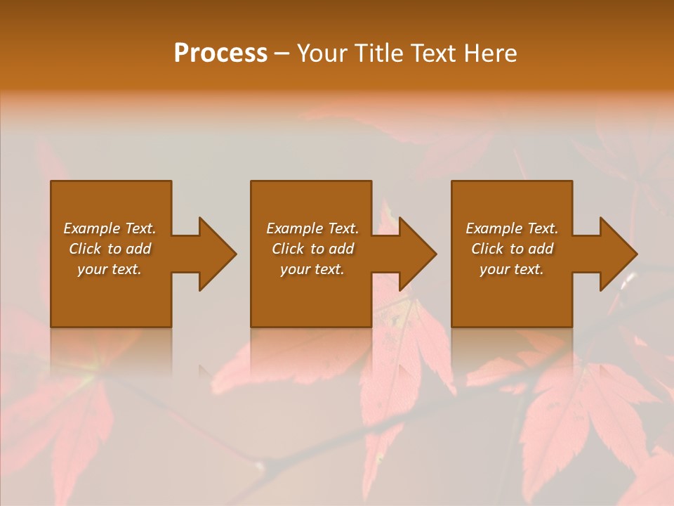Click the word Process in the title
[220, 53]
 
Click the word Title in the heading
[379, 53]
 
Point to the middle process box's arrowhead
[417, 254]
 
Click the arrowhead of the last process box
[618, 254]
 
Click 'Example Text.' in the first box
[110, 228]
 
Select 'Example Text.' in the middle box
[312, 228]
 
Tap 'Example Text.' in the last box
[512, 228]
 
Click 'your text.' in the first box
[110, 269]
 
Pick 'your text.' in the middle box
[312, 269]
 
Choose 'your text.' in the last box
[512, 269]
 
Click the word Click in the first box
[85, 249]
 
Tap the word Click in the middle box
[288, 249]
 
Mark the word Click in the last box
[487, 249]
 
